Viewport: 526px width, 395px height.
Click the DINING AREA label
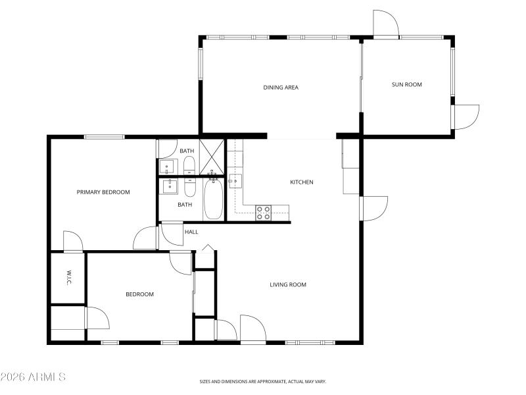[x=281, y=87]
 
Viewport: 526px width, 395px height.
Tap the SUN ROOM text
[x=406, y=84]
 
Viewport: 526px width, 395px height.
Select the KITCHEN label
[x=302, y=182]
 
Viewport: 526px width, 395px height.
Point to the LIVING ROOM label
[x=288, y=285]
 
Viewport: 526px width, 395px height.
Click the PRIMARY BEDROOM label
[x=103, y=192]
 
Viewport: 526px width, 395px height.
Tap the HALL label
[x=191, y=232]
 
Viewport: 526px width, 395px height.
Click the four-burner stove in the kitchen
[x=263, y=212]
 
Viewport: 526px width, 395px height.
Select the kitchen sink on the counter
[x=235, y=181]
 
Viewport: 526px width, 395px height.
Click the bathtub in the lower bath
[x=213, y=199]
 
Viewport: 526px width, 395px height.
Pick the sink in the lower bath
[x=170, y=186]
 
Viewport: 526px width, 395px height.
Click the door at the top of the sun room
[x=385, y=24]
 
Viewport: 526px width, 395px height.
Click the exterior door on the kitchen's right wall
[x=373, y=208]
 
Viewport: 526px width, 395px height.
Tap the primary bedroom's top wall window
[x=104, y=137]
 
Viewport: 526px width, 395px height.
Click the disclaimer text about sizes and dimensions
[x=263, y=381]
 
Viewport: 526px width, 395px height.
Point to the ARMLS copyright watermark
[x=33, y=377]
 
